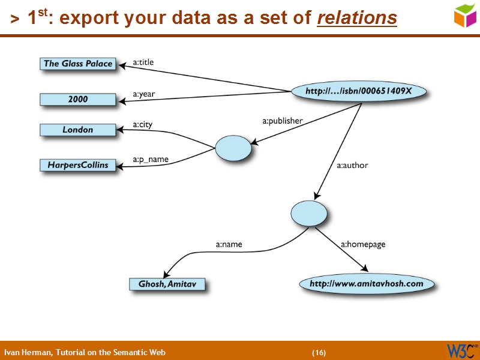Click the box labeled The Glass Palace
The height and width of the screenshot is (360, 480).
coord(78,64)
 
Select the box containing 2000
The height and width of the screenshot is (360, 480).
coord(78,100)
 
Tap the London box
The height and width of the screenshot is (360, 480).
coord(78,130)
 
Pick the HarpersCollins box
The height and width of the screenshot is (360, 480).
coord(78,164)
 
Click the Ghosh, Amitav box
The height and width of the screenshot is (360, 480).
coord(167,284)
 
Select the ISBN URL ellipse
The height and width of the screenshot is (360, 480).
coord(359,91)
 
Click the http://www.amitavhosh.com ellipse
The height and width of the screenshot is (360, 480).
coord(366,284)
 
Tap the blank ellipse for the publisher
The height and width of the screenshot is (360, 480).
coord(233,148)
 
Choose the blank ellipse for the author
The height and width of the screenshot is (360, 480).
coord(309,213)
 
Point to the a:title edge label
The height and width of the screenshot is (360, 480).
coord(143,61)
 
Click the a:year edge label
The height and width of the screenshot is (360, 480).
coord(143,94)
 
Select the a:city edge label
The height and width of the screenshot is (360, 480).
coord(143,125)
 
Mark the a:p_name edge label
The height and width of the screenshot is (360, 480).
coord(150,160)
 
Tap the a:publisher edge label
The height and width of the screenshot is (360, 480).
coord(283,121)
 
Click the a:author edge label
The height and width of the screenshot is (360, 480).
coord(352,165)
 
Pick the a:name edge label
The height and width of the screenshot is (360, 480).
coord(229,244)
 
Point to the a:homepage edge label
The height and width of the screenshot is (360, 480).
coord(363,244)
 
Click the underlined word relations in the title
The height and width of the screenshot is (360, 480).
coord(357,19)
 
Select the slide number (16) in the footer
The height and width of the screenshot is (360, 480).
coord(319,352)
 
